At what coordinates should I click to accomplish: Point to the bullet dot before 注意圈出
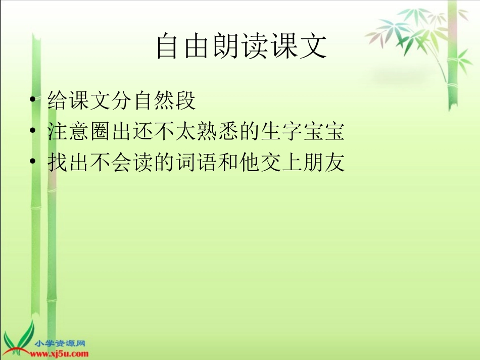(x=33, y=132)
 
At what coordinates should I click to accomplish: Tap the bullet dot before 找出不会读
(x=33, y=162)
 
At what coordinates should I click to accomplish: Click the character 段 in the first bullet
(x=185, y=101)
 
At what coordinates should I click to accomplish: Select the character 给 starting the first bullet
(x=58, y=101)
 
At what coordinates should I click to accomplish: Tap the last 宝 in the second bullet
(x=334, y=132)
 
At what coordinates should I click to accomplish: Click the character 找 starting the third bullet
(x=58, y=162)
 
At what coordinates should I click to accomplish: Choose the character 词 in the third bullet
(x=185, y=162)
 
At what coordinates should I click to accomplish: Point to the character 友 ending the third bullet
(x=334, y=162)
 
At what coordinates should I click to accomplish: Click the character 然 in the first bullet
(x=164, y=101)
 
